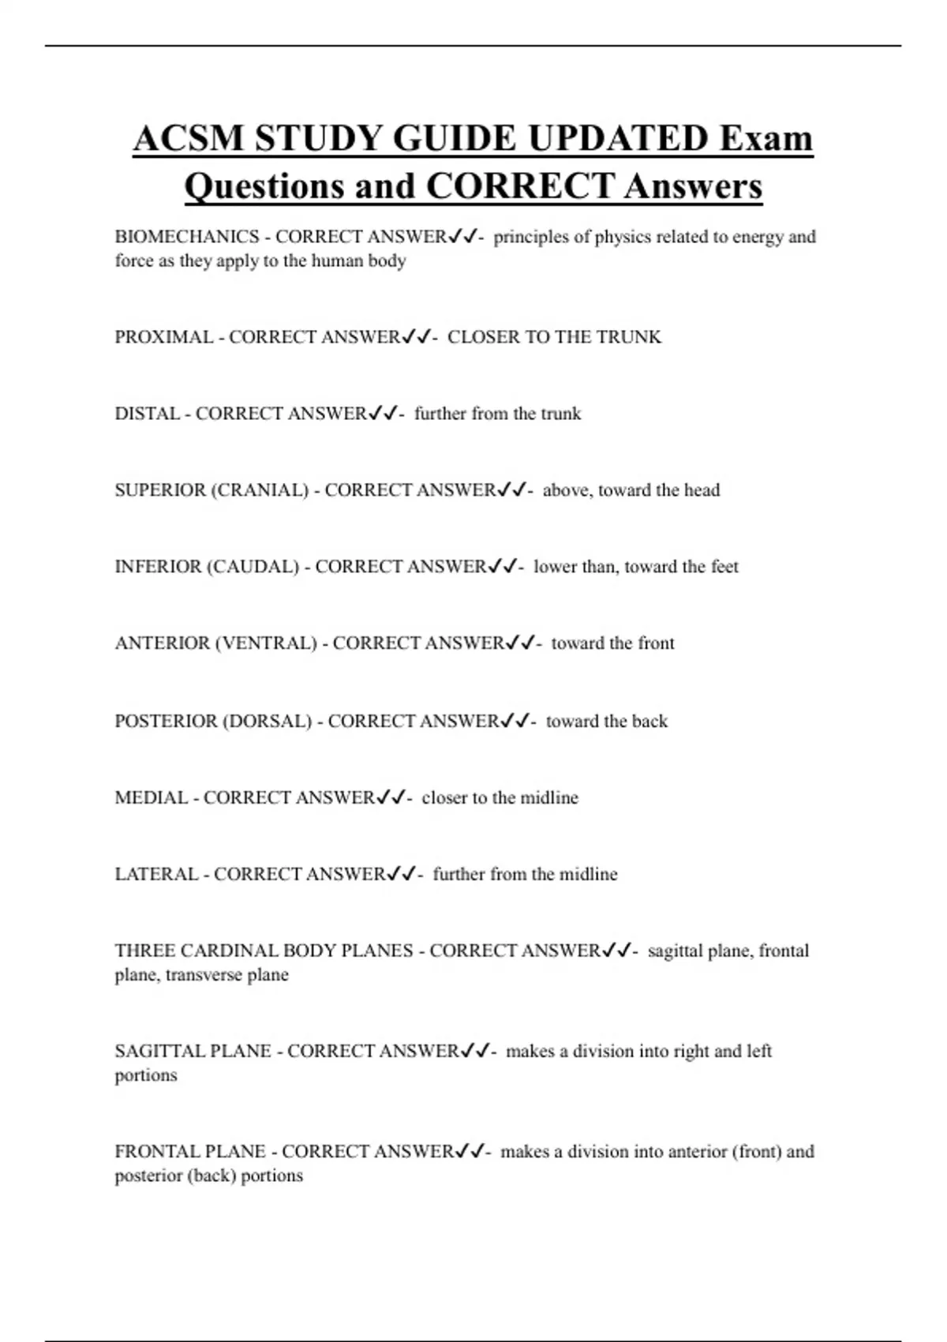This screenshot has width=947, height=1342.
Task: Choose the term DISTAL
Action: (x=148, y=414)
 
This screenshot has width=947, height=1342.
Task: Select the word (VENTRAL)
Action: (x=266, y=643)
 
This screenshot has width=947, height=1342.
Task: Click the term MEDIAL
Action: (x=152, y=798)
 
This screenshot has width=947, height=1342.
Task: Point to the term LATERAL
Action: (x=156, y=875)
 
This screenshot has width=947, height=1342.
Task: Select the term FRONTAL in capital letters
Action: (x=155, y=1152)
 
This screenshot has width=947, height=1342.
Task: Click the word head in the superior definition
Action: (x=702, y=490)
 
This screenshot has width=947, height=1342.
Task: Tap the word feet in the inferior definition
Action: (x=724, y=567)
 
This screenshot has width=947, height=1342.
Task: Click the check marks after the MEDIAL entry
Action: (x=391, y=798)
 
